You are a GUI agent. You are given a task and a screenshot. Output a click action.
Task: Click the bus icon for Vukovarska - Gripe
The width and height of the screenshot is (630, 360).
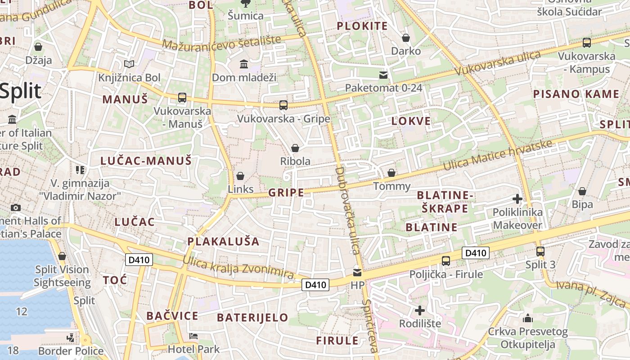point(283,105)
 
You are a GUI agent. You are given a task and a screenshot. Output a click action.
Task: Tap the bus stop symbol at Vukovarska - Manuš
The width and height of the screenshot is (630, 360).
point(182,97)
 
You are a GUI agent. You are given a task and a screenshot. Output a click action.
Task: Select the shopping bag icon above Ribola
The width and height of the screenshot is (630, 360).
point(295,148)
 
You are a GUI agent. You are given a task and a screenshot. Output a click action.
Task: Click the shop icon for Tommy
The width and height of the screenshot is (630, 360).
point(391,173)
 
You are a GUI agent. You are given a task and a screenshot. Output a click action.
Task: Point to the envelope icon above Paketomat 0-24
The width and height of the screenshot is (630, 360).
point(383,74)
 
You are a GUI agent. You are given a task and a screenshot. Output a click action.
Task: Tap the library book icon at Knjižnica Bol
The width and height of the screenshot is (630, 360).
point(129,64)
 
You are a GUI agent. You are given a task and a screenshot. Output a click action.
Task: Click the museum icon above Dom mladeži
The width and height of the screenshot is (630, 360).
point(244,64)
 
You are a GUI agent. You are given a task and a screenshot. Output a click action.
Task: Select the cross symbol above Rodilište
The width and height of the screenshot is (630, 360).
point(419,310)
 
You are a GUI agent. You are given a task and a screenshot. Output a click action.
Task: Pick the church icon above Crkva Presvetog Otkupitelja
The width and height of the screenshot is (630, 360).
point(528,319)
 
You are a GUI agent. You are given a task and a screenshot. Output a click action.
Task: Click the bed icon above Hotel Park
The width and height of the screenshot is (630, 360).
point(193,336)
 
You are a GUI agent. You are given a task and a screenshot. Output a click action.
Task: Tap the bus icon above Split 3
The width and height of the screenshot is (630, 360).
point(540,252)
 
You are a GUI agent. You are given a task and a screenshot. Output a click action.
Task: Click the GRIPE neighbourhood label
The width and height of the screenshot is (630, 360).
point(286,193)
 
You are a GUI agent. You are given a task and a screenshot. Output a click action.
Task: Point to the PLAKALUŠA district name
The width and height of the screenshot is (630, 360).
point(223,241)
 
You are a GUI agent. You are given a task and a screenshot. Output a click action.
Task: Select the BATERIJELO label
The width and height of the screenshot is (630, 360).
point(252,317)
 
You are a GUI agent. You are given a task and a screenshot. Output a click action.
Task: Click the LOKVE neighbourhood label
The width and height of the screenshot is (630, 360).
point(411,121)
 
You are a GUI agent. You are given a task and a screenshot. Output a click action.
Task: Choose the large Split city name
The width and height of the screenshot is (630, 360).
point(20,91)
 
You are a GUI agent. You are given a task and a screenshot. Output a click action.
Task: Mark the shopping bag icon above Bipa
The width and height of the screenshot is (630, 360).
point(582,191)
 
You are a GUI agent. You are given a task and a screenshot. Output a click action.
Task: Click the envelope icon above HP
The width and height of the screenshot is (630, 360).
point(357,272)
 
